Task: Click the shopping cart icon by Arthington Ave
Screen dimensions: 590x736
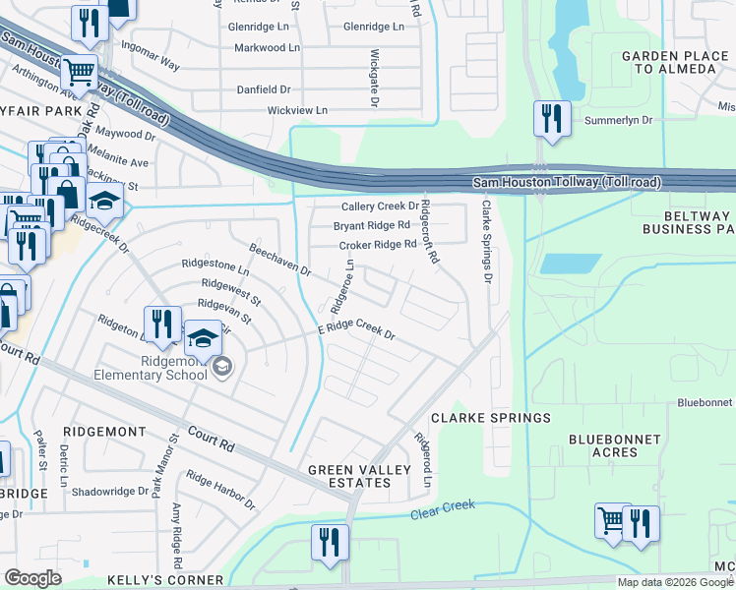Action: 79,71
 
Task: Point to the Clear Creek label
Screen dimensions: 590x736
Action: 443,508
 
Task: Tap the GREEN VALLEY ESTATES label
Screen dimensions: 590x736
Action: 363,476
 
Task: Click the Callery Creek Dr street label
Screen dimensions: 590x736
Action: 380,206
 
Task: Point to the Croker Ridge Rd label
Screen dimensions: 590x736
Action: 377,245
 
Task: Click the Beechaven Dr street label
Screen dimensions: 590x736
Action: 279,260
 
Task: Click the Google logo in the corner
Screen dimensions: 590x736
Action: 34,578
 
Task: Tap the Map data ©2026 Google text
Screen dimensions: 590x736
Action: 676,582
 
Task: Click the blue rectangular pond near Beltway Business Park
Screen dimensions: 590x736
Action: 571,264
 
